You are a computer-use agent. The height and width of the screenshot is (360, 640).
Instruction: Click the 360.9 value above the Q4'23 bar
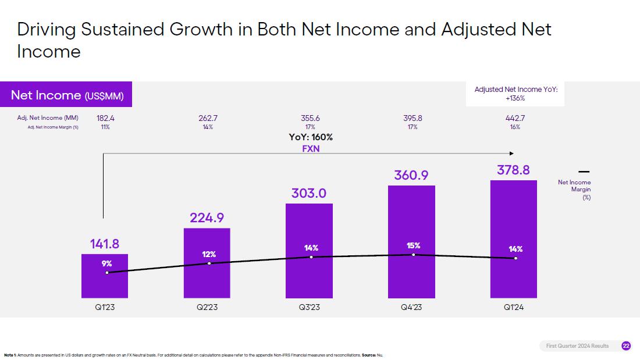(x=411, y=174)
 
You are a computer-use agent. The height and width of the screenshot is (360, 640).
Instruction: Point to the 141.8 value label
(x=105, y=244)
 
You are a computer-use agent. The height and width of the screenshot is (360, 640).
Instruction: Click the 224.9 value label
(x=207, y=218)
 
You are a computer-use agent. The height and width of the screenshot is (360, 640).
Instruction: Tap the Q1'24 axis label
(x=514, y=307)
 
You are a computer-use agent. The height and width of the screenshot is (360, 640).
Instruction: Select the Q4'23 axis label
(x=412, y=307)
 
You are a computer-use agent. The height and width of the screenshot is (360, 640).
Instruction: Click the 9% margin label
(x=106, y=263)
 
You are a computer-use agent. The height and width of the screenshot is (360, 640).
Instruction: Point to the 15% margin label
(x=413, y=245)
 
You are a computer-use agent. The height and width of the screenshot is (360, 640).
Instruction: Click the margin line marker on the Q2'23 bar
(x=209, y=263)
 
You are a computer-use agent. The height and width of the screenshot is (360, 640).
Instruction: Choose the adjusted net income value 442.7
(x=515, y=118)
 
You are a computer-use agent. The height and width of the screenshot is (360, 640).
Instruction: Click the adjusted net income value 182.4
(x=105, y=118)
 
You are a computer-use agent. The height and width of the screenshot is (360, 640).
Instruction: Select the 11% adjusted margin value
(x=105, y=127)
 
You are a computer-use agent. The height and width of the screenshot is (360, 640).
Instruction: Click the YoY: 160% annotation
(x=311, y=137)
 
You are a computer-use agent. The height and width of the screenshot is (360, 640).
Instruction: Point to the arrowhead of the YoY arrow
(x=511, y=154)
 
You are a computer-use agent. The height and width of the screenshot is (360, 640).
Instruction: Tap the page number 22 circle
(x=626, y=346)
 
